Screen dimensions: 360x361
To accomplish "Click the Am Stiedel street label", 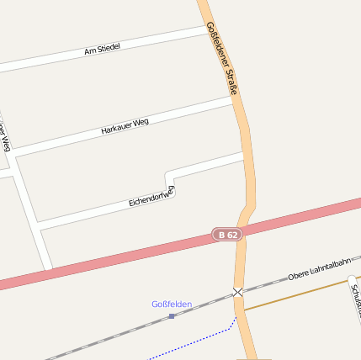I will pyautogui.click(x=103, y=50).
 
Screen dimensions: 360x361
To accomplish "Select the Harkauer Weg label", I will pyautogui.click(x=125, y=126).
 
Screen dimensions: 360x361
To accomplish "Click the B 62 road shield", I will pyautogui.click(x=227, y=236).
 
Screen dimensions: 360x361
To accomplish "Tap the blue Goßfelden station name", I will pyautogui.click(x=172, y=304).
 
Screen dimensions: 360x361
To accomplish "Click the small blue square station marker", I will pyautogui.click(x=172, y=316).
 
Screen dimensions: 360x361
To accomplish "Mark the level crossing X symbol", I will pyautogui.click(x=238, y=292).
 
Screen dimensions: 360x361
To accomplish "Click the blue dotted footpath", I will pyautogui.click(x=202, y=339).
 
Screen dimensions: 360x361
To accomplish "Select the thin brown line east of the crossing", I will pyautogui.click(x=295, y=294).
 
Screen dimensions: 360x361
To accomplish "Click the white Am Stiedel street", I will pyautogui.click(x=50, y=60).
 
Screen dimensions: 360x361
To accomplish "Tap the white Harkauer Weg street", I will pyautogui.click(x=67, y=141).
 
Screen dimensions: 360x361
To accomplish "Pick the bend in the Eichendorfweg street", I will pyautogui.click(x=168, y=177).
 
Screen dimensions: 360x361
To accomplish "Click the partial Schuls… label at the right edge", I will pyautogui.click(x=354, y=299).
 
